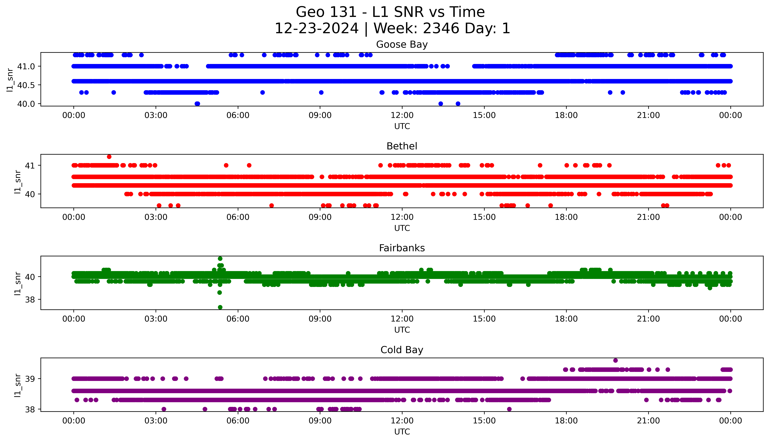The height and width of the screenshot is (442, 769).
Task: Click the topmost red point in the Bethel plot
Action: pyautogui.click(x=109, y=157)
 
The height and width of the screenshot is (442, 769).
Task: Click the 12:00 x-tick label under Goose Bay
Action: pyautogui.click(x=402, y=115)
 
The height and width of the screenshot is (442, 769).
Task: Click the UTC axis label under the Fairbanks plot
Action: pyautogui.click(x=402, y=330)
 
